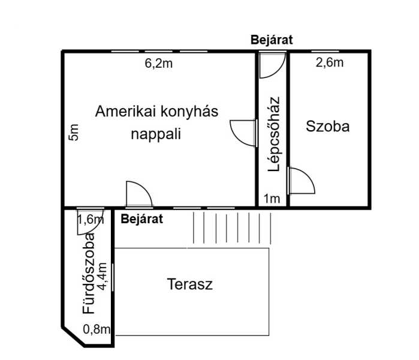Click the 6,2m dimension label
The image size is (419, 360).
pos(158,64)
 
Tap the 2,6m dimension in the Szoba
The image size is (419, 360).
pos(330,62)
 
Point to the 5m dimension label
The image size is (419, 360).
pos(74,132)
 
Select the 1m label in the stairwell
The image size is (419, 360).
pos(272,199)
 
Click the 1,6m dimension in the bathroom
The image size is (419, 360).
pos(91,220)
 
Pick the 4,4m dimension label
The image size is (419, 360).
pos(102,277)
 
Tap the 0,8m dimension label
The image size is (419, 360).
pos(97,329)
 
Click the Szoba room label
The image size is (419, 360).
pos(328,126)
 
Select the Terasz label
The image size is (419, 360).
pos(190,284)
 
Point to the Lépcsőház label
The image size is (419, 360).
pos(274,134)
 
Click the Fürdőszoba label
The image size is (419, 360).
pos(89,274)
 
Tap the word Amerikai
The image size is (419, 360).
pos(125,111)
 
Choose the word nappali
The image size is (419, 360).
pos(156,134)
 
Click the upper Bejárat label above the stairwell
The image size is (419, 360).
pos(272,40)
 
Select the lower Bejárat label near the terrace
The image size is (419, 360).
pos(141,219)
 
